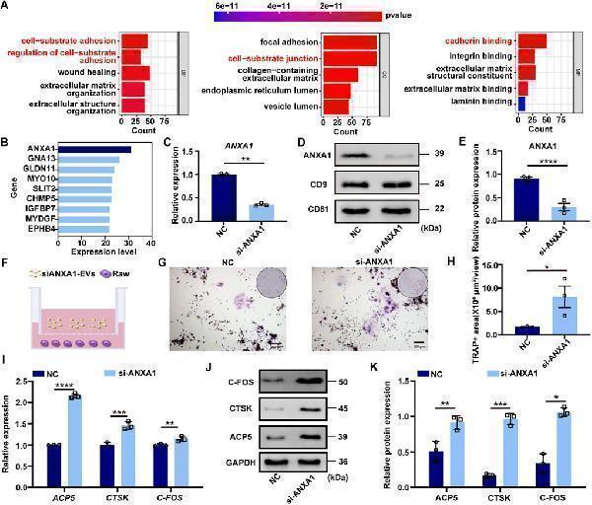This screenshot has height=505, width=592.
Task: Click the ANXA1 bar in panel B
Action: (93, 150)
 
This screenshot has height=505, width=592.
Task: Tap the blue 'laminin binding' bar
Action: (522, 102)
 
